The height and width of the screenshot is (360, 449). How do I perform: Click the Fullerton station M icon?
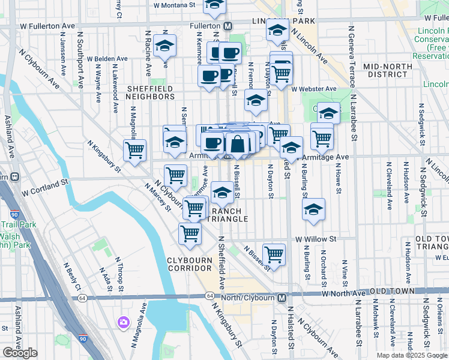click(x=228, y=26)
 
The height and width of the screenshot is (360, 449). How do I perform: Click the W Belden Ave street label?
click(x=107, y=59)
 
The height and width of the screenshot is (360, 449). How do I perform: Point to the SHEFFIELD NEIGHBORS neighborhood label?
click(x=151, y=92)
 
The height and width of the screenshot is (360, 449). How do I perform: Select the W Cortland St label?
click(x=46, y=193)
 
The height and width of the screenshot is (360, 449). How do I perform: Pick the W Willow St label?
click(x=314, y=238)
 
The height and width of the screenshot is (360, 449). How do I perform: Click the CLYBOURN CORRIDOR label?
click(x=189, y=263)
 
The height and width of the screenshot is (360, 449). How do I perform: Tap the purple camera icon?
click(x=124, y=322)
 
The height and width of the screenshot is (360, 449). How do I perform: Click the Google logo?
click(x=20, y=353)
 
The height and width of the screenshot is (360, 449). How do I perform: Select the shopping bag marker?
click(x=238, y=144)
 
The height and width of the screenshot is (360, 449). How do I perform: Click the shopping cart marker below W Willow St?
click(x=274, y=254)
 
